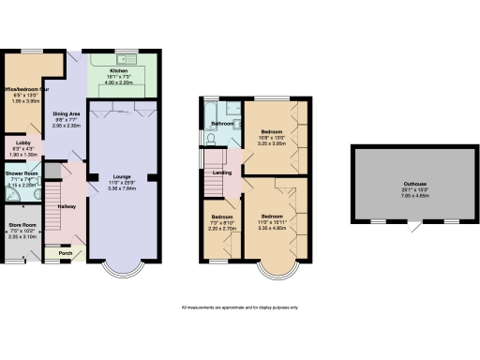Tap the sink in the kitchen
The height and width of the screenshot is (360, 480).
tap(135, 60)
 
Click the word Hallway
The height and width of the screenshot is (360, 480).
tap(67, 205)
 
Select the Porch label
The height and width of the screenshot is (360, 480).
tap(66, 253)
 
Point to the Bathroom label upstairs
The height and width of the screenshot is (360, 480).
tap(221, 124)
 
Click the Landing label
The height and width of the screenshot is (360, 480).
tap(222, 172)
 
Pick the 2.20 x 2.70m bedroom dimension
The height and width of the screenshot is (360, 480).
tap(221, 227)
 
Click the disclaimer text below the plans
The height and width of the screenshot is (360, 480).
tap(239, 307)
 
